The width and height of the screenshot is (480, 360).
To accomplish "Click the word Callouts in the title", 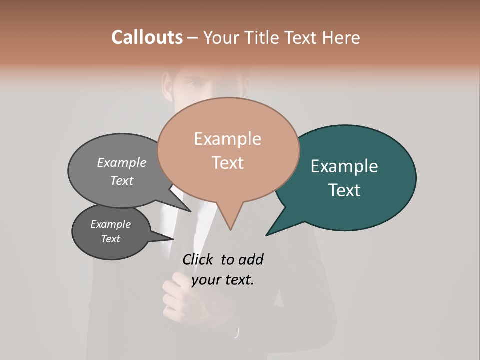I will (x=147, y=37).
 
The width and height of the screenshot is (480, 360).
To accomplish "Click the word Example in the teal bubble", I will (x=344, y=166).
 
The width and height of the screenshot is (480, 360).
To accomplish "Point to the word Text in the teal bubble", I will (x=344, y=190).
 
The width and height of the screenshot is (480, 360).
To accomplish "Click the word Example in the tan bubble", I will (x=227, y=139).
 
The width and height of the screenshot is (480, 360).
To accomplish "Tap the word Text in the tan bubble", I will (x=227, y=163).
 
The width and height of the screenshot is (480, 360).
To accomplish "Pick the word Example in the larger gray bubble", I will (x=122, y=162).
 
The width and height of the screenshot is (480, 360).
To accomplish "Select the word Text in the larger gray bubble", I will (x=122, y=180).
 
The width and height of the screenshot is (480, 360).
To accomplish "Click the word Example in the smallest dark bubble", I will (x=111, y=224).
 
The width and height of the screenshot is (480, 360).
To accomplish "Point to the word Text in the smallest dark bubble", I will (x=111, y=239).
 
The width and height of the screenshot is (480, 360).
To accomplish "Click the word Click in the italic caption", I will (x=199, y=259).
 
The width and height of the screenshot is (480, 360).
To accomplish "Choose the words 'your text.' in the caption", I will (x=223, y=280).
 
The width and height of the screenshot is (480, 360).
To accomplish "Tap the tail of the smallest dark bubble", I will (x=165, y=237).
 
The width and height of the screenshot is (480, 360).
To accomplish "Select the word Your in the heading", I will (x=220, y=37).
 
